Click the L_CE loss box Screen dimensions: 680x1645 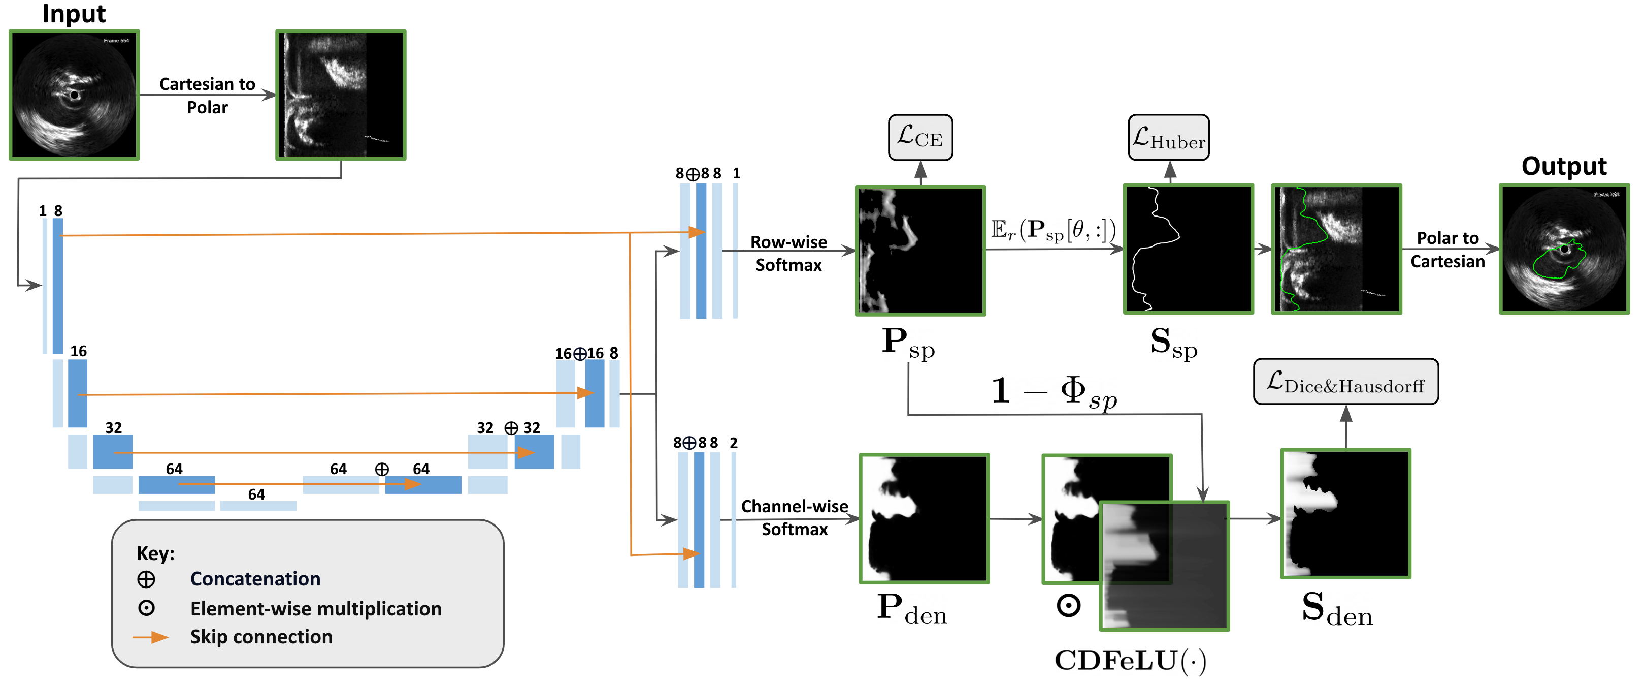tap(920, 137)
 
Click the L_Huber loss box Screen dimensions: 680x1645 tap(1169, 137)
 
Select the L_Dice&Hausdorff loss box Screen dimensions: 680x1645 tap(1345, 382)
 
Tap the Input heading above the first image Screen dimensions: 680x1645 tap(74, 14)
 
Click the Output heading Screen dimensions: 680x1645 tap(1563, 166)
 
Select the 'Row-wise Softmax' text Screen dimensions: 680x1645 tap(788, 254)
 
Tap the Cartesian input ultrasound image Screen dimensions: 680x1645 tap(74, 95)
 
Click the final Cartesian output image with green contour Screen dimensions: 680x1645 tap(1564, 249)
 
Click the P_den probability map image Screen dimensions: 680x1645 tap(924, 518)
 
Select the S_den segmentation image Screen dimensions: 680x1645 tap(1345, 514)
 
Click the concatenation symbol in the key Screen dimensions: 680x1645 tap(146, 579)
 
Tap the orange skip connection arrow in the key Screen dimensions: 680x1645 tap(151, 637)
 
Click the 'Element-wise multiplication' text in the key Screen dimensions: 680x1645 tap(315, 608)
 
